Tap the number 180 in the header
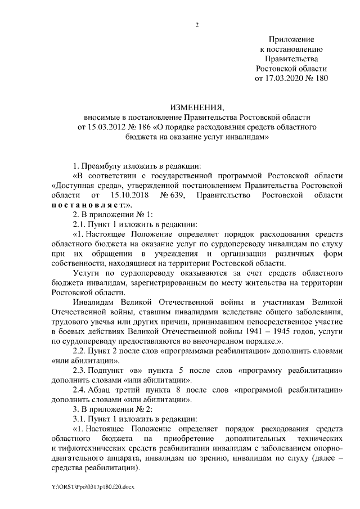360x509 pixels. click(320, 79)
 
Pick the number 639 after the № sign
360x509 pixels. click(178, 195)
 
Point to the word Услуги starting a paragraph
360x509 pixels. click(87, 273)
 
